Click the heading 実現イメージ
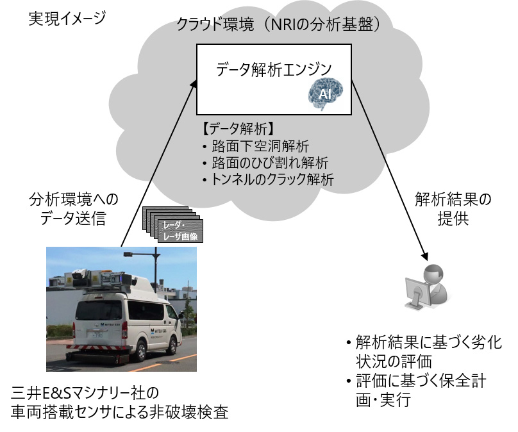click(x=67, y=18)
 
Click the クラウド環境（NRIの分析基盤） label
click(x=283, y=26)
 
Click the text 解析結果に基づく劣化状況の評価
click(x=424, y=349)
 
